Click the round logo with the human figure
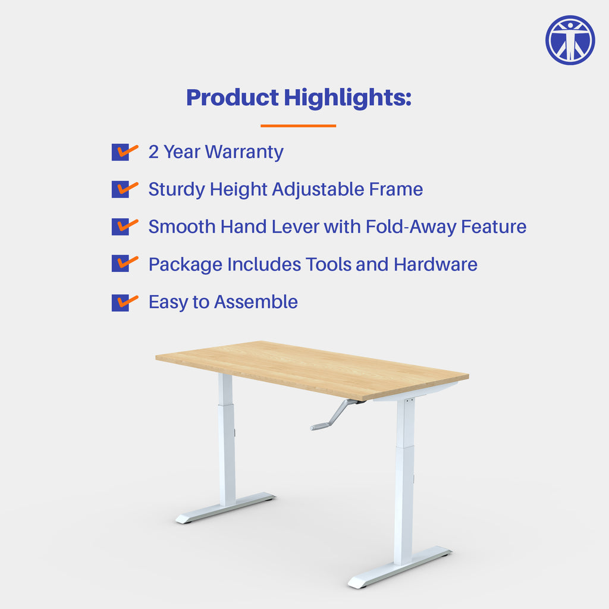pos(570,40)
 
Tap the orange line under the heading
pos(298,125)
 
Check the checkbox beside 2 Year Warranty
pos(121,152)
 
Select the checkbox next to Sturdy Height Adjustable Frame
pos(121,190)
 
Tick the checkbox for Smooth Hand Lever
pos(121,227)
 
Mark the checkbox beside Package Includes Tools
pos(121,264)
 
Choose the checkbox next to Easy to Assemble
pos(121,302)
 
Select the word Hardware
pos(435,264)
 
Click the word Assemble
pos(256,302)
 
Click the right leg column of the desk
pos(405,476)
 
